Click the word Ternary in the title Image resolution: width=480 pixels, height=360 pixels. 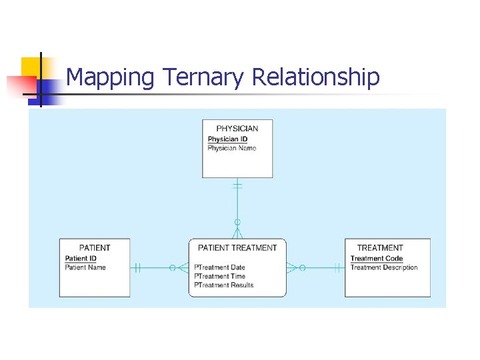[x=204, y=78]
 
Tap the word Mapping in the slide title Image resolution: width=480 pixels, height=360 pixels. [x=111, y=78]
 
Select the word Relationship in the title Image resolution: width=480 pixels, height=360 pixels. [x=315, y=77]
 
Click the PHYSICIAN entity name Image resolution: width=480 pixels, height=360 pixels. [x=237, y=129]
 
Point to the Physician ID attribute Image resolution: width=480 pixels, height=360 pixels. [x=227, y=139]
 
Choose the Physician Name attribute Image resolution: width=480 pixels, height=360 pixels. [x=231, y=148]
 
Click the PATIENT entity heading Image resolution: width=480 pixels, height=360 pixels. [x=95, y=248]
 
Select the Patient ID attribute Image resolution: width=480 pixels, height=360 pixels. [x=81, y=259]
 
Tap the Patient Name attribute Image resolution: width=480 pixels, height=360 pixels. [x=85, y=267]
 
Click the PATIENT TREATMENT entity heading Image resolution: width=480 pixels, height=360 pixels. [x=237, y=248]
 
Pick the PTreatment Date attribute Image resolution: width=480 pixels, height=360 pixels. [x=219, y=268]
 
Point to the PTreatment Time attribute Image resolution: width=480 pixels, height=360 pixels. [x=219, y=277]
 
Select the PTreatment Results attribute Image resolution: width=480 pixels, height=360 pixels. [x=223, y=285]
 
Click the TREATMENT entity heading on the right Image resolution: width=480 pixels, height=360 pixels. [x=380, y=248]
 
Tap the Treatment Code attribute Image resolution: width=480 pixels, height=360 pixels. [x=377, y=259]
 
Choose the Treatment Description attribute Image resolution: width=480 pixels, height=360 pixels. [x=384, y=267]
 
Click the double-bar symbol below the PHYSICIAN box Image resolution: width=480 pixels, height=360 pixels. [x=237, y=186]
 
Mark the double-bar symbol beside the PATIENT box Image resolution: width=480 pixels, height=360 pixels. [x=137, y=268]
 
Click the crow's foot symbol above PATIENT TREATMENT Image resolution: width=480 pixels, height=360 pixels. [x=237, y=232]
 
